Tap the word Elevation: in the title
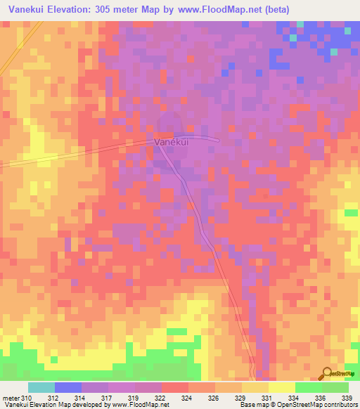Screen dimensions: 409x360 click(74, 9)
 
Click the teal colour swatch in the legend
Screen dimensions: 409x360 click(41, 387)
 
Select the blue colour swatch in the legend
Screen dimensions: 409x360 click(68, 387)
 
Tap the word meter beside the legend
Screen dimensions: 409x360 click(11, 398)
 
